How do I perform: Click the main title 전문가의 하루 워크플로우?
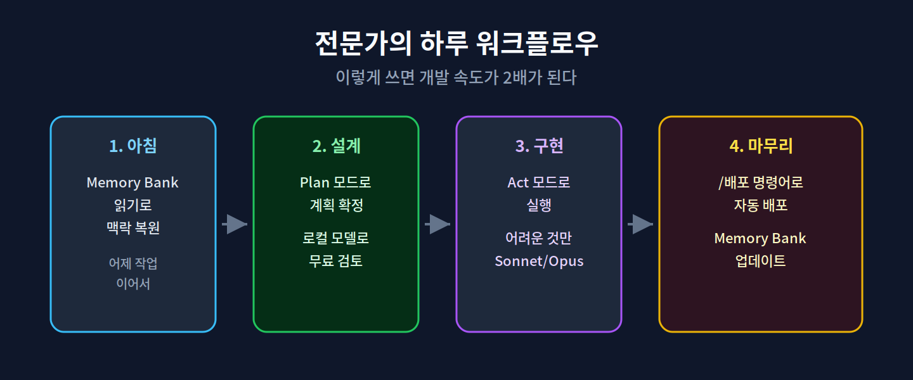[456, 43]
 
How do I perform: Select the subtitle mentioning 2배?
[456, 77]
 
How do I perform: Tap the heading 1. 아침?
[133, 146]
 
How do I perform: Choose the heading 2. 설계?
[336, 146]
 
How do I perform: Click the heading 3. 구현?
[539, 146]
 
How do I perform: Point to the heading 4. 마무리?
[761, 146]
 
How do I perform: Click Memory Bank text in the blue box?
[133, 182]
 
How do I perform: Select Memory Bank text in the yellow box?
[760, 238]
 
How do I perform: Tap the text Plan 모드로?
[335, 182]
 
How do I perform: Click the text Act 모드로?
[539, 182]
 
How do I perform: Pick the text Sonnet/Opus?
[539, 261]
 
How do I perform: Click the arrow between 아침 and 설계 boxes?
[235, 224]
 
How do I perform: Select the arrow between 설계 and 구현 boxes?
[437, 224]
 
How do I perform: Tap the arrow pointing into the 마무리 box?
[640, 224]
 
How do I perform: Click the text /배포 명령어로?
[761, 182]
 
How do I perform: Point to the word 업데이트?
[761, 261]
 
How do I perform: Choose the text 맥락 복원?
[133, 227]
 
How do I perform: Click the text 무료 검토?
[335, 261]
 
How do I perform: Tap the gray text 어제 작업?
[133, 263]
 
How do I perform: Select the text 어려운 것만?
[539, 238]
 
